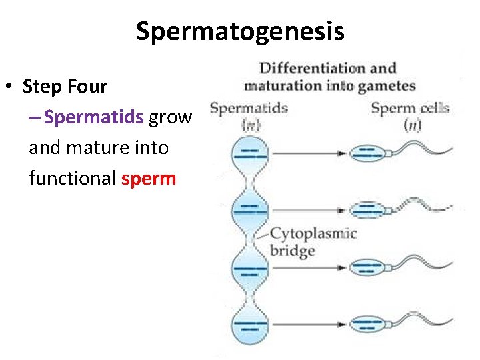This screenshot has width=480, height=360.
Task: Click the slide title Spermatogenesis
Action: (240, 31)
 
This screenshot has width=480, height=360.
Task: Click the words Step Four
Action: (65, 87)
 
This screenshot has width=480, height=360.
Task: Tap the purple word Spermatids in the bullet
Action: (93, 117)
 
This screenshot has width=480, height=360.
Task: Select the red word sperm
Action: (149, 178)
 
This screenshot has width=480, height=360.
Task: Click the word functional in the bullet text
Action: (72, 178)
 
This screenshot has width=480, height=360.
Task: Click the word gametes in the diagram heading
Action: (386, 85)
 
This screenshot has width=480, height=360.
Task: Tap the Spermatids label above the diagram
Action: (248, 108)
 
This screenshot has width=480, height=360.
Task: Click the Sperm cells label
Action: (410, 108)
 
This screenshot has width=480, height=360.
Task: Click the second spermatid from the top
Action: (249, 211)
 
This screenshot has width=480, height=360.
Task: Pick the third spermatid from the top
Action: (249, 269)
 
